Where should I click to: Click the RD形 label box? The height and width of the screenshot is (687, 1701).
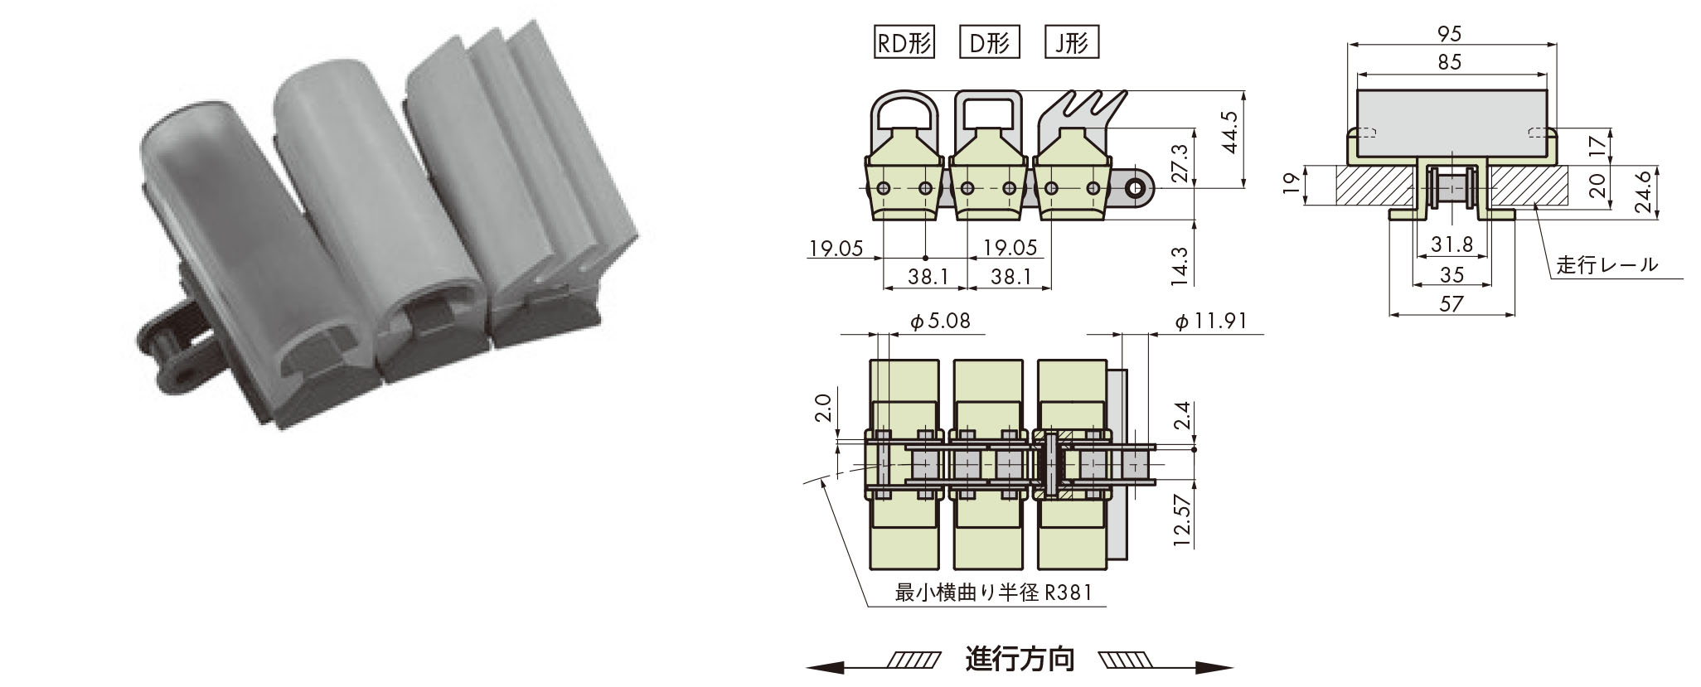904,42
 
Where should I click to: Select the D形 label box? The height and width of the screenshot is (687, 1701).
989,42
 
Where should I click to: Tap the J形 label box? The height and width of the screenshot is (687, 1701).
1072,42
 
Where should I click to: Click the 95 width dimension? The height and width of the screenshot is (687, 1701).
1451,34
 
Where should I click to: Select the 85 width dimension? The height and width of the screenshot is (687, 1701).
1451,62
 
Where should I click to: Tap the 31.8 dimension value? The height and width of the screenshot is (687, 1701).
1452,245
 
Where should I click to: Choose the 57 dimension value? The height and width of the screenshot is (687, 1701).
1451,304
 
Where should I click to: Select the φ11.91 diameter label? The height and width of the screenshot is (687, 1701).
1211,322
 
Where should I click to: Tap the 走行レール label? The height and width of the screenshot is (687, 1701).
1606,265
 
